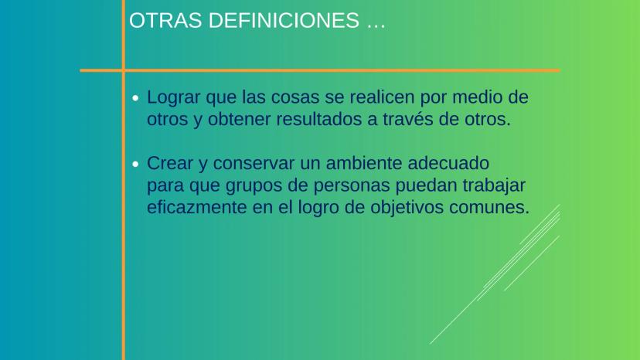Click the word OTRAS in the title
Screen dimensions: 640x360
pos(165,20)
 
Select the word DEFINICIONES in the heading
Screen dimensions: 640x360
pos(284,20)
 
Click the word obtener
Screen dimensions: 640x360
pos(240,119)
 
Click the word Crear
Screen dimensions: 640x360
pos(170,163)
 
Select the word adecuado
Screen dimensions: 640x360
pos(448,163)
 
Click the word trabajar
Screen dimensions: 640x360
pos(493,186)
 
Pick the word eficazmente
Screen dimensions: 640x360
pos(197,207)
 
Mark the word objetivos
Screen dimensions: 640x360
pos(407,208)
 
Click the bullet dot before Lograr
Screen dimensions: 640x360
pos(135,98)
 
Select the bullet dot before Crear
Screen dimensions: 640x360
pos(135,164)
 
